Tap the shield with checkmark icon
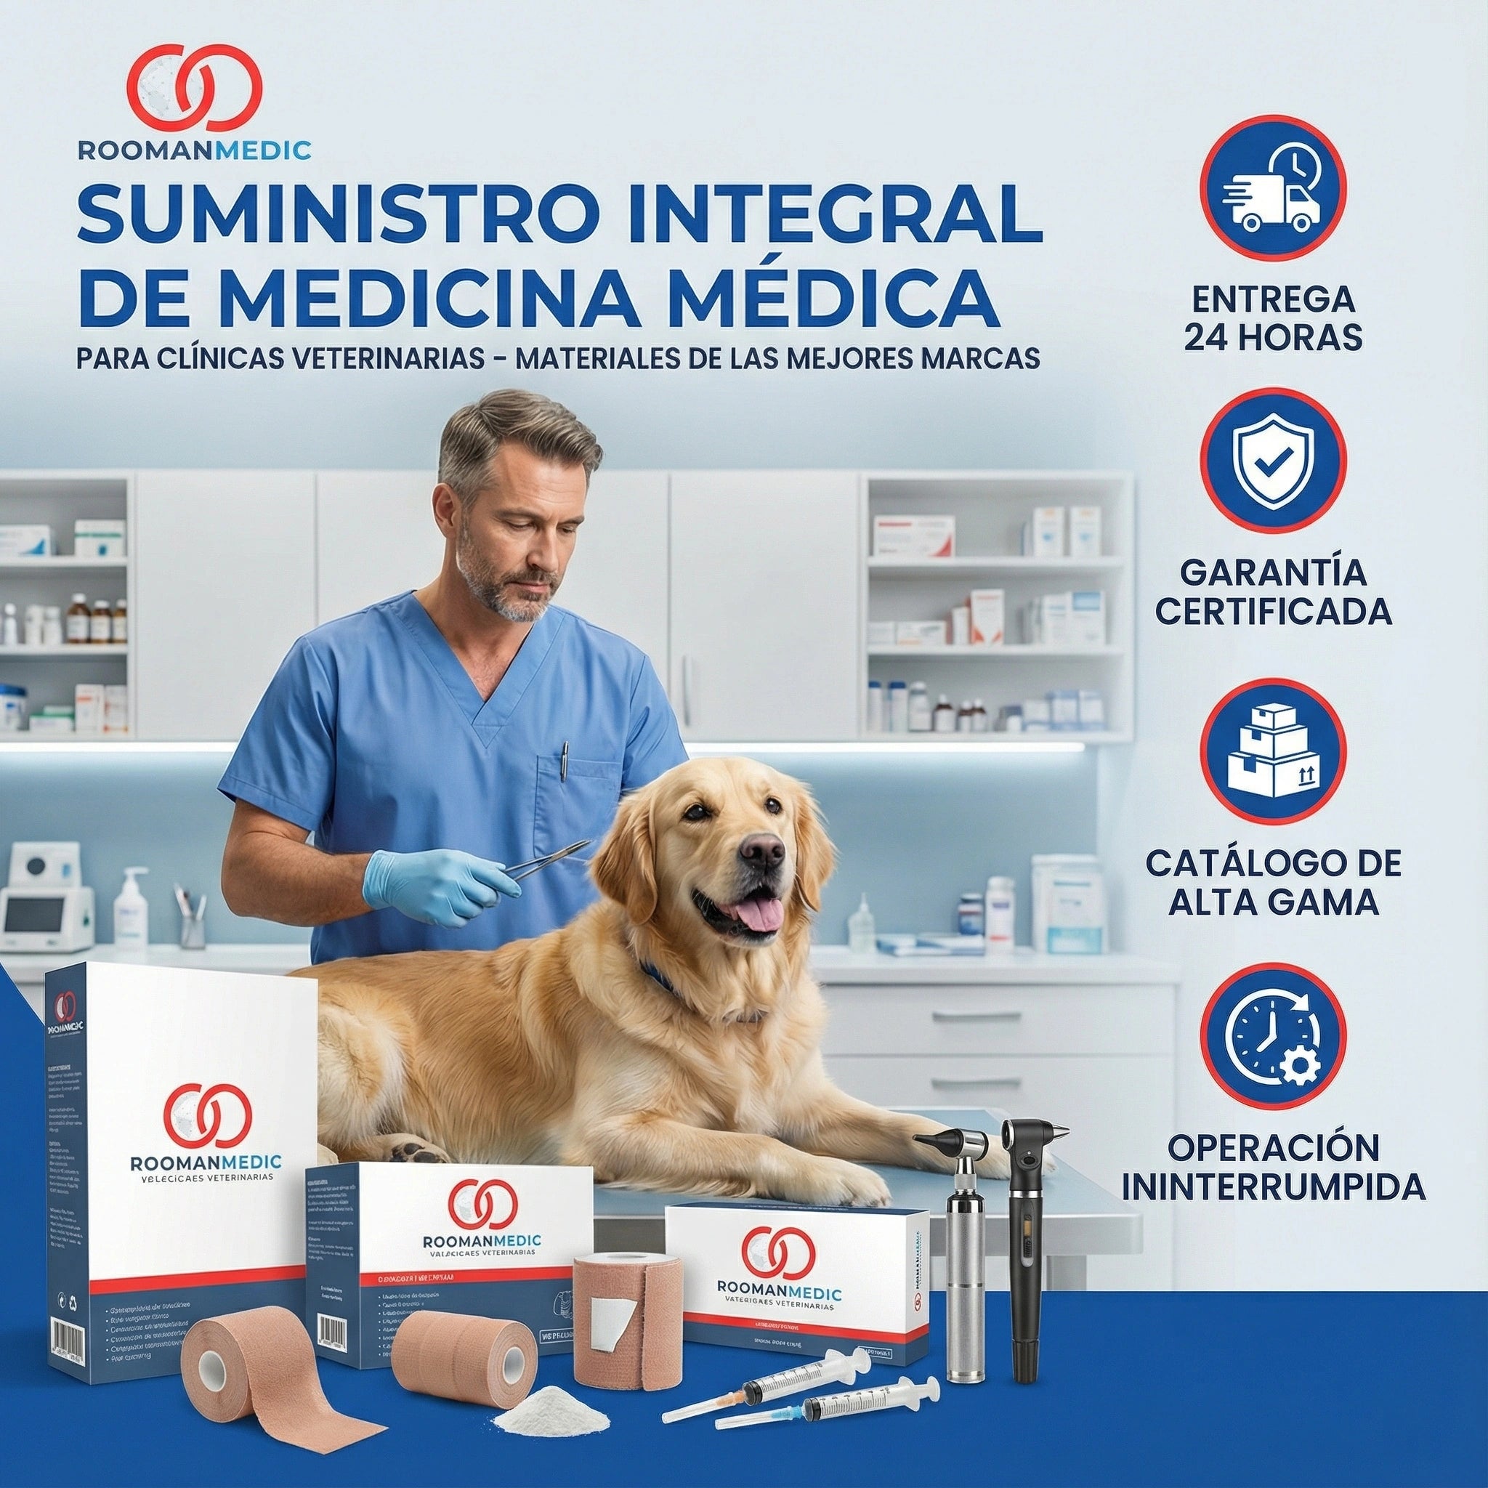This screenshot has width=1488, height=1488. coord(1272,461)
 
